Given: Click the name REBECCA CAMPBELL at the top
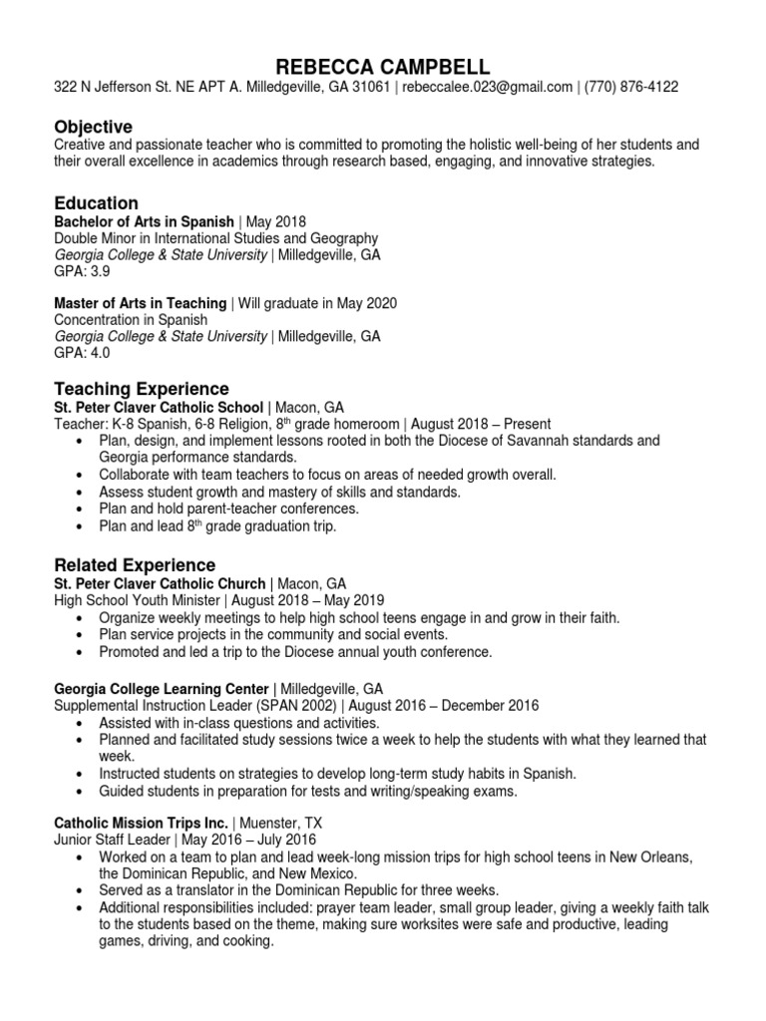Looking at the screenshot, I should (x=383, y=67).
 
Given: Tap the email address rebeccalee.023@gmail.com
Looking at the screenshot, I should (x=487, y=88).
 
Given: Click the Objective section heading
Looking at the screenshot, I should (x=92, y=127).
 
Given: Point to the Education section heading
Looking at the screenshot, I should (x=96, y=203).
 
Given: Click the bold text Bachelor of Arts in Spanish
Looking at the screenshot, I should (x=143, y=221).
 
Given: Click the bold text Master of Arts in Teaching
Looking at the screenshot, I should (x=140, y=303).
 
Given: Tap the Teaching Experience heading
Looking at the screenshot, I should (x=141, y=389).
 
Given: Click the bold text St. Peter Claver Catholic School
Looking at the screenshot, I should (x=159, y=407).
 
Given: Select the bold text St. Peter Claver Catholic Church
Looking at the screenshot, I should (x=160, y=583).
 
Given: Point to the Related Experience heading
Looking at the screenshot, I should (x=134, y=565).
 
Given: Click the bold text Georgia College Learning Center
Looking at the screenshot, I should (x=161, y=688).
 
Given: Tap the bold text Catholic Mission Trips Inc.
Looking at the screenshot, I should (x=141, y=824).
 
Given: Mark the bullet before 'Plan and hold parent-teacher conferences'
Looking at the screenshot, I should (x=80, y=510).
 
